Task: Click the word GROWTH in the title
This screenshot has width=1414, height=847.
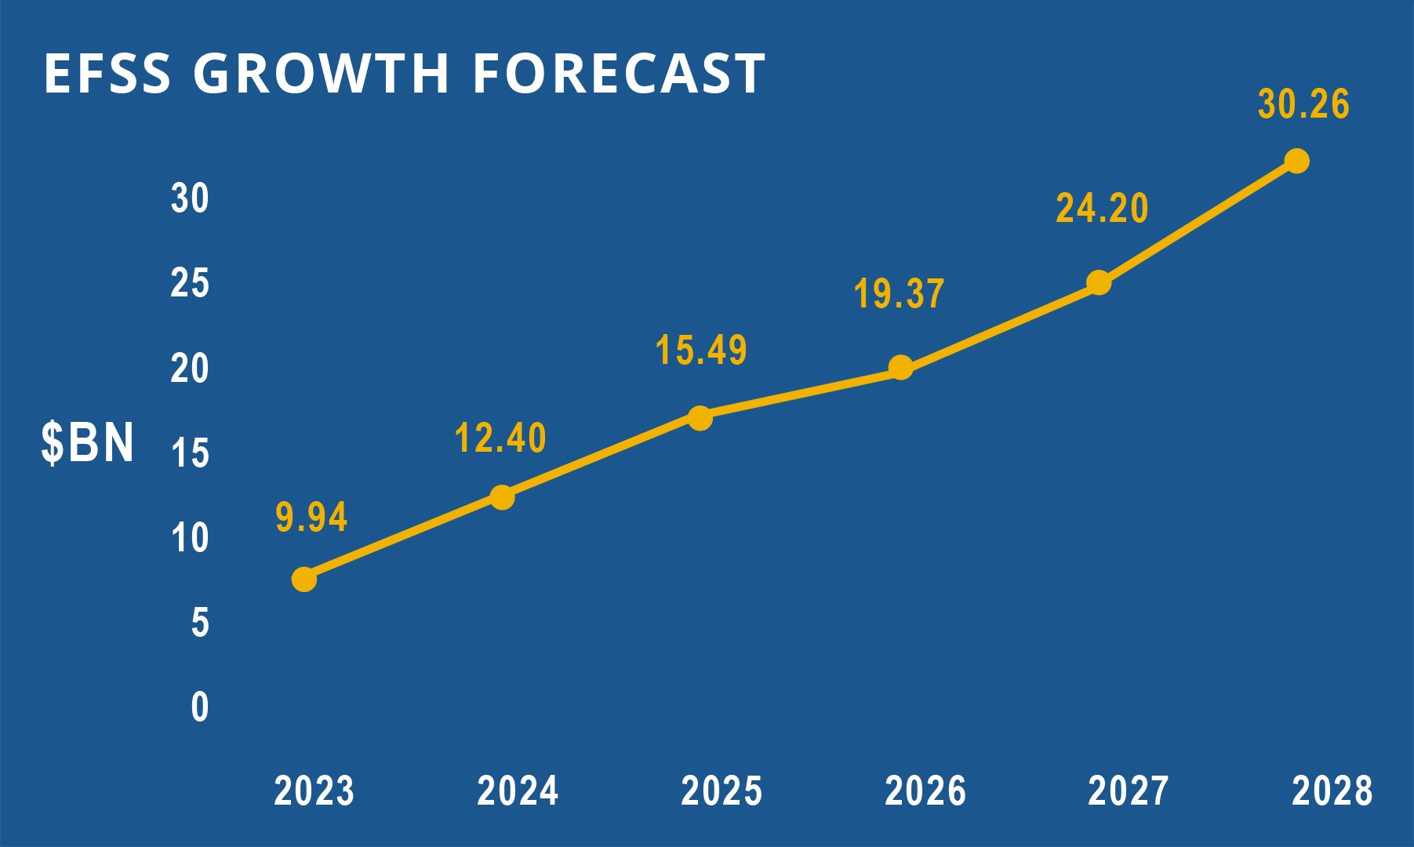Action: [x=322, y=74]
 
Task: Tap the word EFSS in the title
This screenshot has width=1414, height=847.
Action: [x=107, y=74]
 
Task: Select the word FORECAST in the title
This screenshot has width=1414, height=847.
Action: [x=619, y=74]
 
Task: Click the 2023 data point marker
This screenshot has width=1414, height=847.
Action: [x=304, y=580]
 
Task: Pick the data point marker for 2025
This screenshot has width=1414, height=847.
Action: [x=700, y=418]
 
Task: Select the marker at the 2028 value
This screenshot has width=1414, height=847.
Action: [x=1296, y=161]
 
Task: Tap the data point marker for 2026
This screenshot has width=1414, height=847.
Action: [x=901, y=367]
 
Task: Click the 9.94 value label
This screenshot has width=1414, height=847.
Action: [x=311, y=518]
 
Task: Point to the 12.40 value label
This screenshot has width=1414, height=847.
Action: [x=500, y=438]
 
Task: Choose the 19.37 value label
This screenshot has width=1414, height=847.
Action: [x=899, y=294]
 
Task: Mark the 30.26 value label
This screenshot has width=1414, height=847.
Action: [x=1303, y=105]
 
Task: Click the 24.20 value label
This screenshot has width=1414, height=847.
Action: [x=1102, y=209]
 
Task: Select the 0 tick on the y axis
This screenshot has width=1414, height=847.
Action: [x=200, y=707]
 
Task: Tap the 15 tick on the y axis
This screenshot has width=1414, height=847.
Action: [x=191, y=454]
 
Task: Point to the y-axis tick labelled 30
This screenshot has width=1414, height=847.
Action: [x=191, y=198]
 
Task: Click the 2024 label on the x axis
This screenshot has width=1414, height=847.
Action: [x=518, y=791]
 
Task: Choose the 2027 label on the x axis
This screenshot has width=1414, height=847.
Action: [x=1129, y=791]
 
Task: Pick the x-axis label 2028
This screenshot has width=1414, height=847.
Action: [x=1332, y=791]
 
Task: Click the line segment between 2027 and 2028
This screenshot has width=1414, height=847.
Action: [x=1198, y=222]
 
